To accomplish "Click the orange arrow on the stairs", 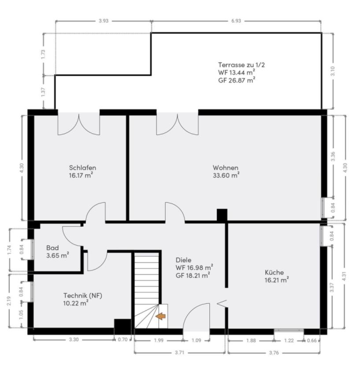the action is click(x=160, y=316).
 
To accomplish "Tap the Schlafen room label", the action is click(x=82, y=168).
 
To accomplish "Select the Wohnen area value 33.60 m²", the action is click(x=226, y=175).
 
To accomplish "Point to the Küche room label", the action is click(x=274, y=272).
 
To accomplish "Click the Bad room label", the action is click(x=52, y=248).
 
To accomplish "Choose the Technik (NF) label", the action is click(x=83, y=295).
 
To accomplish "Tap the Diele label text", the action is click(x=183, y=260).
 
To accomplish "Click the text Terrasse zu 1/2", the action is click(x=241, y=65).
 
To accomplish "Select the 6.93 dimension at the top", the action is click(x=236, y=21).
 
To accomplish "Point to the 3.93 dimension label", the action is click(x=104, y=21).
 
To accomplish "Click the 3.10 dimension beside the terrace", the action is click(x=333, y=71).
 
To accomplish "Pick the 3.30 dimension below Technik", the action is click(x=74, y=340).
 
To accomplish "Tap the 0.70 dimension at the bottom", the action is click(x=123, y=340).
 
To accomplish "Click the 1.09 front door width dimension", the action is click(x=196, y=340).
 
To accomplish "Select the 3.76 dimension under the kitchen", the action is click(x=274, y=352).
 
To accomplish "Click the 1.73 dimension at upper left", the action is click(x=43, y=54).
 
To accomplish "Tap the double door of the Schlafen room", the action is click(x=79, y=124).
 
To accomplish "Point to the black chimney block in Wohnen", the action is click(x=222, y=215).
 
